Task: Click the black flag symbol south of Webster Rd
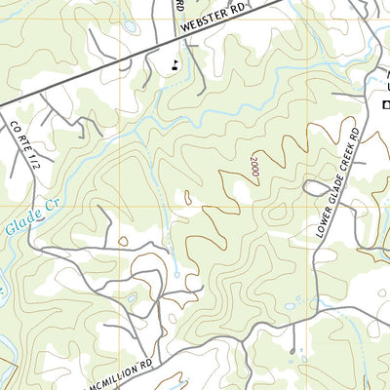click(x=175, y=66)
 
